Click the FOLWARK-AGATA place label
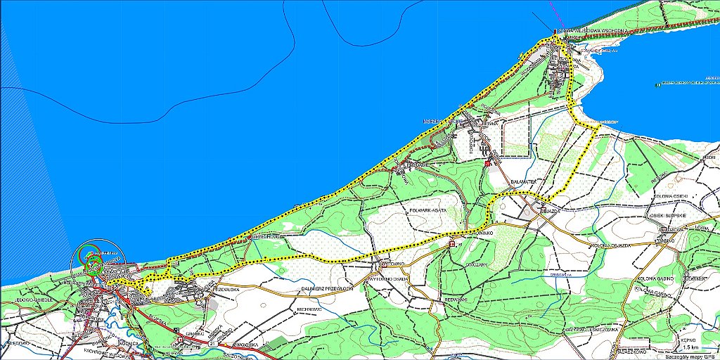[x=428, y=210]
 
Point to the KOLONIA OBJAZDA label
[x=609, y=245]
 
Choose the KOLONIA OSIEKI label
[x=670, y=196]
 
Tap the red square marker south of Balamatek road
[x=487, y=164]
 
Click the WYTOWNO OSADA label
[x=387, y=277]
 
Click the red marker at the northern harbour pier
[x=555, y=30]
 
